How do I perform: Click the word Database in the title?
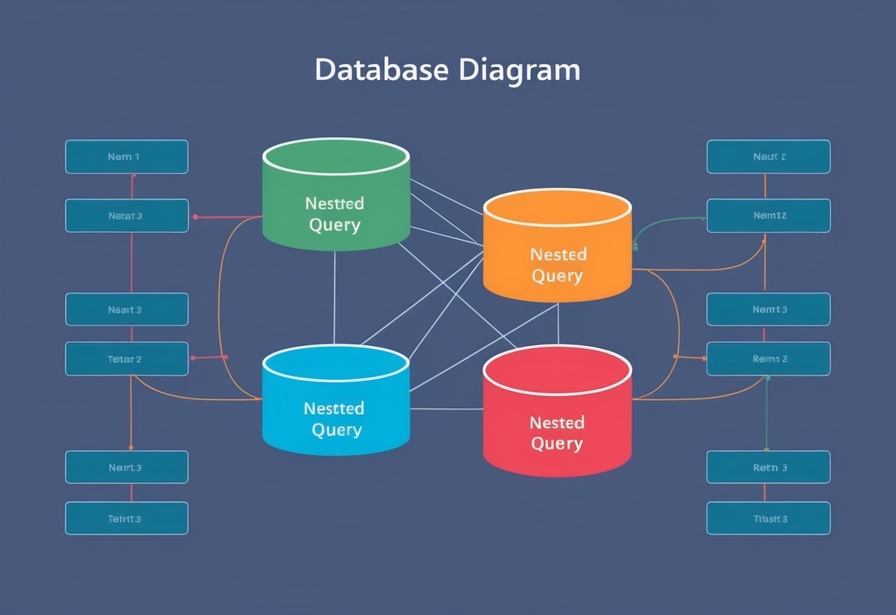click(381, 69)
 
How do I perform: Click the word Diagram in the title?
click(519, 69)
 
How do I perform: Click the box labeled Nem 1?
click(126, 157)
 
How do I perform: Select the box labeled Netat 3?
click(126, 216)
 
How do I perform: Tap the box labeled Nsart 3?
click(126, 310)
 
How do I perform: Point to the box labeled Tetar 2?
click(126, 359)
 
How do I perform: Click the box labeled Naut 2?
click(768, 157)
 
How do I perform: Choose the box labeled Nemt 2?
click(768, 216)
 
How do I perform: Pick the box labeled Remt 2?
click(768, 359)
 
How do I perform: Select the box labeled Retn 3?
click(768, 467)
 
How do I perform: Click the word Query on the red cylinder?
click(557, 444)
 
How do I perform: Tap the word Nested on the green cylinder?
click(335, 203)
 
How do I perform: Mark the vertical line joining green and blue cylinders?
click(335, 296)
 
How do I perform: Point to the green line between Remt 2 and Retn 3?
click(767, 414)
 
